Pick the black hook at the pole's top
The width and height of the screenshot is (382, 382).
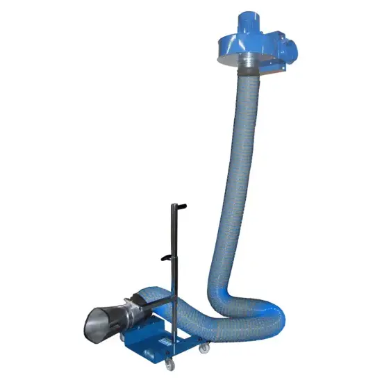point(180,206)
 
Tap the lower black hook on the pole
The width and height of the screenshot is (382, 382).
point(165,258)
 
